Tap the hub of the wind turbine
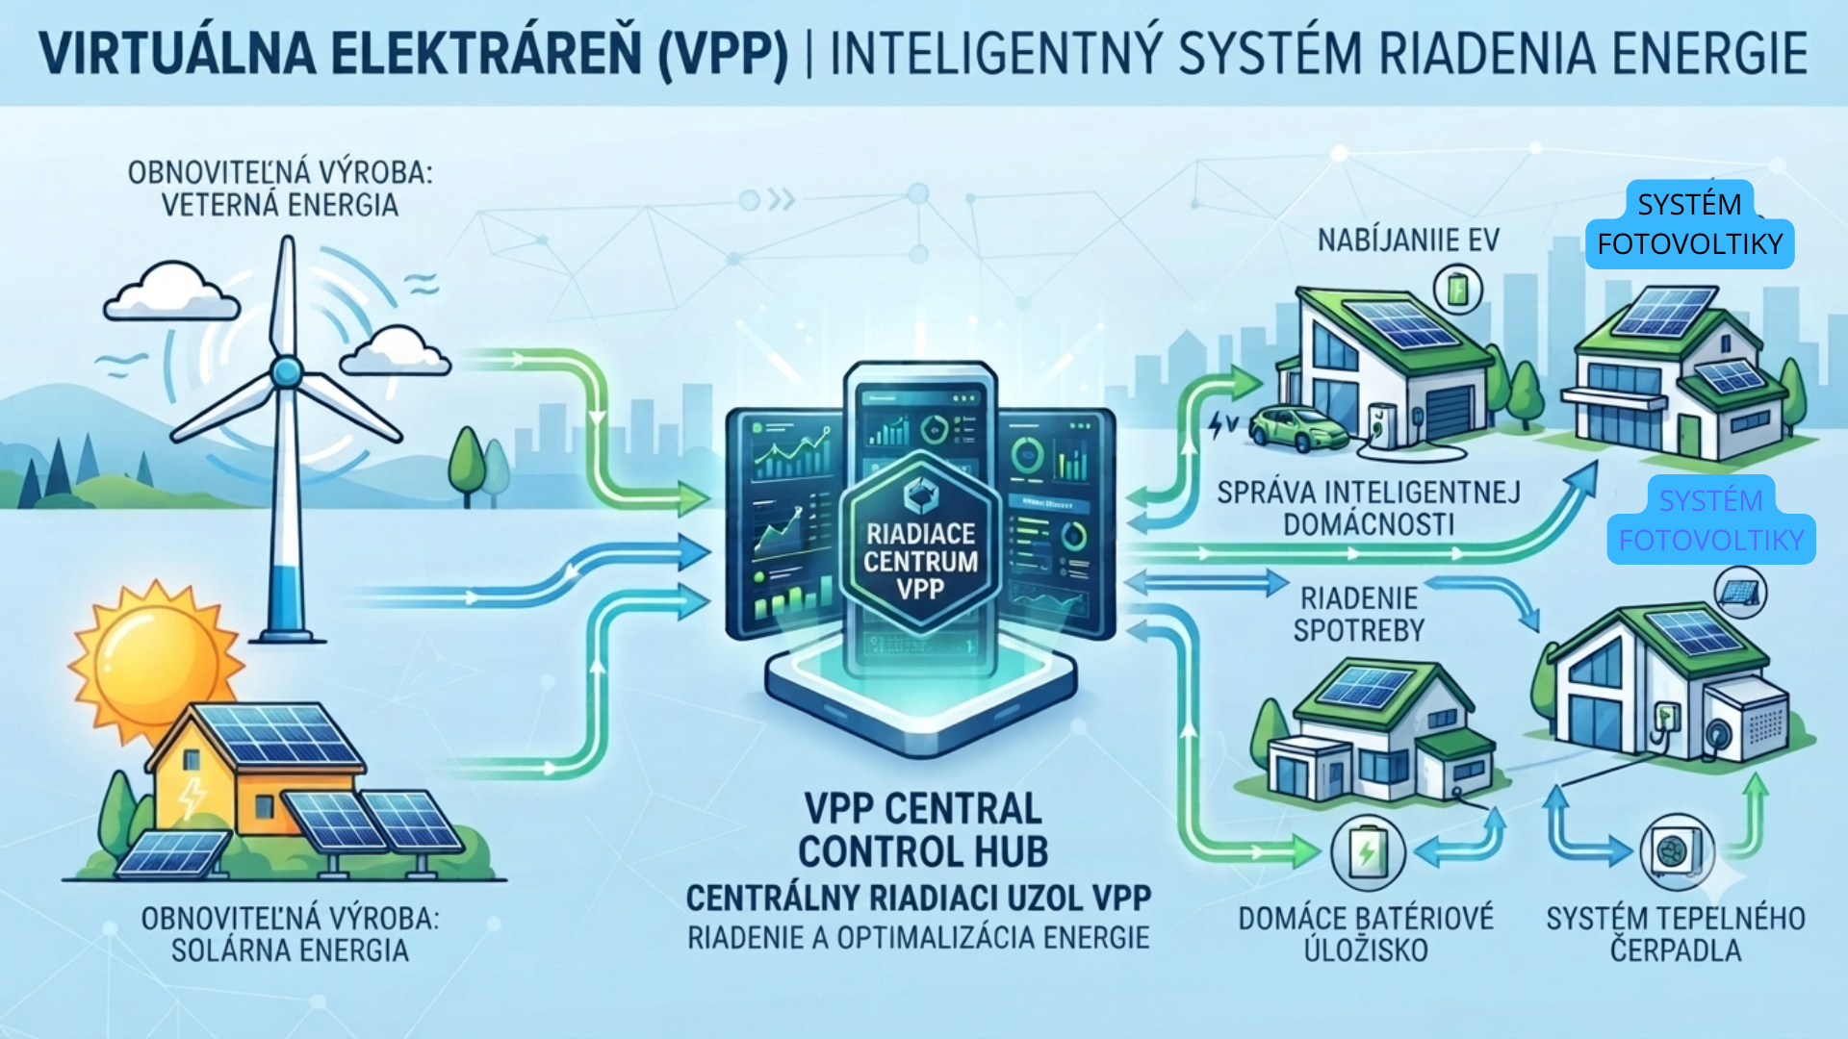pos(286,371)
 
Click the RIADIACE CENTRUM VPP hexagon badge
pos(921,543)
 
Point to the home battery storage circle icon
pos(1367,851)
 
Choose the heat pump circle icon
pos(1676,851)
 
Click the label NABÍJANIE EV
pos(1408,240)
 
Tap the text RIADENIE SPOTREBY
pos(1358,614)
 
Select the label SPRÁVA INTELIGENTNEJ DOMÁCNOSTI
pos(1369,508)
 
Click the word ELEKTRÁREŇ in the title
pos(487,54)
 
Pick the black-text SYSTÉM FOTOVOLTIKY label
pos(1690,224)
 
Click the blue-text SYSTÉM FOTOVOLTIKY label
pos(1711,520)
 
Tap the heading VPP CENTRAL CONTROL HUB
pos(922,830)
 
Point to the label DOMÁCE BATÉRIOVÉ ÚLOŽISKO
pos(1366,934)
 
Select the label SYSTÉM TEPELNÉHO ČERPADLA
pos(1676,934)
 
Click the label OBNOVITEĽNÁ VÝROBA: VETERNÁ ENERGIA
pos(280,189)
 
